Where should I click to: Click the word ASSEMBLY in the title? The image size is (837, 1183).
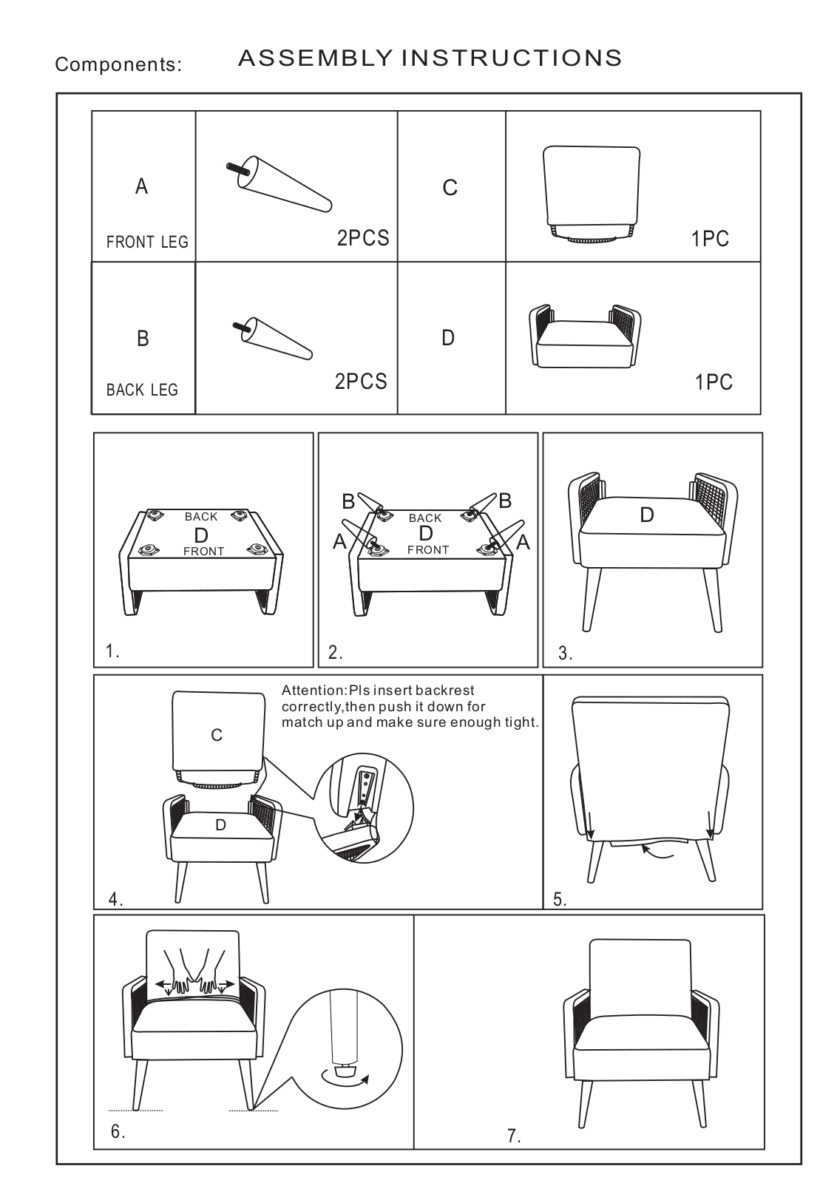(x=315, y=58)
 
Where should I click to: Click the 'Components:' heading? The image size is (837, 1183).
(x=118, y=64)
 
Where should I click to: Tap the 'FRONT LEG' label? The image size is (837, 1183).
(x=147, y=242)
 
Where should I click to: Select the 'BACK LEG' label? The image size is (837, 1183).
(x=142, y=390)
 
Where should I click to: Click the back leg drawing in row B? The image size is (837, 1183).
(x=273, y=339)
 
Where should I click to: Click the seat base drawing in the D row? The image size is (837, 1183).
(x=585, y=336)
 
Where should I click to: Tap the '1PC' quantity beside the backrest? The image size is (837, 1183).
(x=711, y=239)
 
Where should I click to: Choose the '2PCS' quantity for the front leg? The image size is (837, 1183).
(x=363, y=238)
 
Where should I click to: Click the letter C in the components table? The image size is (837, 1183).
(x=450, y=188)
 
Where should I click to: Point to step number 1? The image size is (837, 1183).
(x=112, y=651)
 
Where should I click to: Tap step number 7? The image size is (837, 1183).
(x=515, y=1136)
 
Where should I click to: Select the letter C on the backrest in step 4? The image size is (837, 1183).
(x=217, y=735)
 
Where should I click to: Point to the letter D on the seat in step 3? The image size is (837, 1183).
(x=647, y=515)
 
